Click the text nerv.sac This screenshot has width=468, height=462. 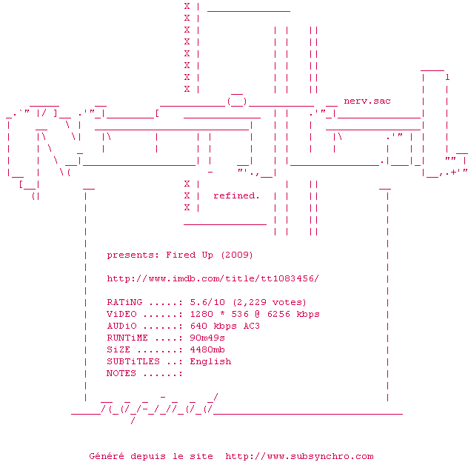[367, 101]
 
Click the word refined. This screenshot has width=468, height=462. [236, 195]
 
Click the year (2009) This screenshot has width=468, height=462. [237, 255]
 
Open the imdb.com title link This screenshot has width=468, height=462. [213, 278]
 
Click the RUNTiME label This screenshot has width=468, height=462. [127, 338]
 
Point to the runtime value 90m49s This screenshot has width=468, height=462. [207, 338]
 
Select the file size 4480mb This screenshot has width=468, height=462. [207, 349]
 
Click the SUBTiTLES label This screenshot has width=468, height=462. [133, 361]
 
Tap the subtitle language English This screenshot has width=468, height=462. [210, 361]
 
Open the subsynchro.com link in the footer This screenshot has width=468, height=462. [299, 457]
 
